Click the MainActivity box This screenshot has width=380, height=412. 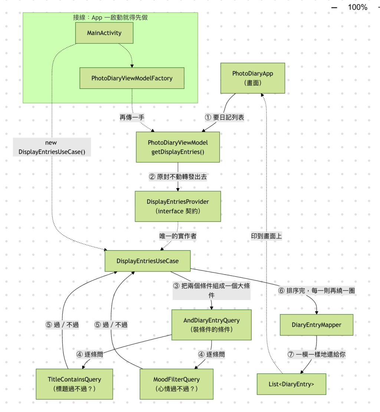(x=104, y=33)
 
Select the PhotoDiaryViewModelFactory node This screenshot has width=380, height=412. (x=132, y=78)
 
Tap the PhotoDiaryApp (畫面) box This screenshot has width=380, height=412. (x=253, y=78)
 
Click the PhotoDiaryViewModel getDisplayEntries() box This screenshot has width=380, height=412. (x=178, y=147)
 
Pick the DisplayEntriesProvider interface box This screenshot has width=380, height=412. (x=178, y=206)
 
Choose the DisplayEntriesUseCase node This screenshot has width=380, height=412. (x=148, y=261)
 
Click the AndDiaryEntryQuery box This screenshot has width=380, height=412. (x=212, y=325)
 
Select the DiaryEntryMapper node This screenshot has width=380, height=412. (x=317, y=325)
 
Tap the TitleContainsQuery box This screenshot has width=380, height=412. (x=74, y=384)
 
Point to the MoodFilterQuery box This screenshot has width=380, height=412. (x=177, y=384)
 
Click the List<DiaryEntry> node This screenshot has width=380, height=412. (x=292, y=384)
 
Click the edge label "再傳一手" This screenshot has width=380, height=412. (x=132, y=117)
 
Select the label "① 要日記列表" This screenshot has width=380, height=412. (x=225, y=117)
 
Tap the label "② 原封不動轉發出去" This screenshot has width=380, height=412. (x=178, y=177)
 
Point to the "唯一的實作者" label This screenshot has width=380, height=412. (x=178, y=236)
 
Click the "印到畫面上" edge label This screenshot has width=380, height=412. (x=266, y=236)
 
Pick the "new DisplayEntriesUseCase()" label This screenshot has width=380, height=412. (x=52, y=147)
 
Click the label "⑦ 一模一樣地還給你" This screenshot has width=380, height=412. (x=317, y=354)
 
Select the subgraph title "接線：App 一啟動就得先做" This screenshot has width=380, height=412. (x=110, y=17)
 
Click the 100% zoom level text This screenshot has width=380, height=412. (x=357, y=7)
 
